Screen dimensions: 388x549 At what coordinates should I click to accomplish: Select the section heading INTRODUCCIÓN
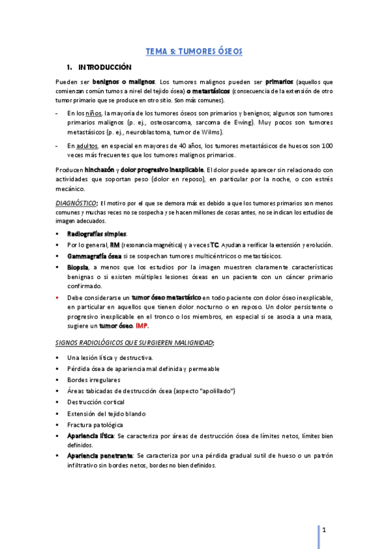pos(104,67)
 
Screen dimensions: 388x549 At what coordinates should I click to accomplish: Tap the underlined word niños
pos(94,113)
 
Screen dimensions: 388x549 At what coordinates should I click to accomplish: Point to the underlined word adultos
pos(97,146)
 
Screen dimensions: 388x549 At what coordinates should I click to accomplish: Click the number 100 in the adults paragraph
pos(327,146)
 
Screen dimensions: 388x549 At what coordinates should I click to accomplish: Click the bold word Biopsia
pos(78,267)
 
